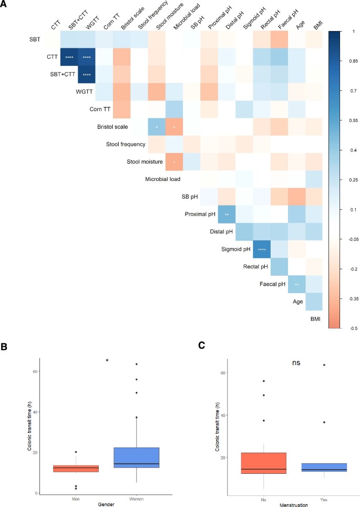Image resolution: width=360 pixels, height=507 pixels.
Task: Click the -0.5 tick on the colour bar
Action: click(348, 328)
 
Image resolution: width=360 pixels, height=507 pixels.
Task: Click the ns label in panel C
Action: click(297, 363)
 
